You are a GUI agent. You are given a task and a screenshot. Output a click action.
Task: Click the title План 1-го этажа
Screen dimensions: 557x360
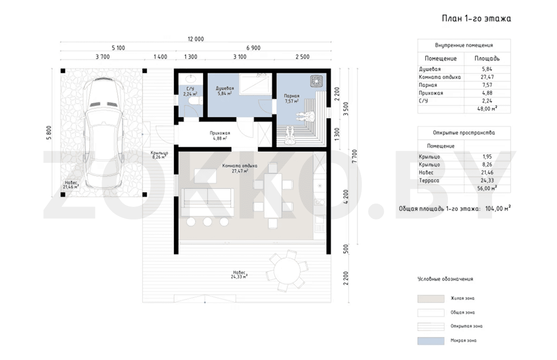click(476, 19)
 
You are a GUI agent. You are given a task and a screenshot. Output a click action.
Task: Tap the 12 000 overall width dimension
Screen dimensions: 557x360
click(196, 39)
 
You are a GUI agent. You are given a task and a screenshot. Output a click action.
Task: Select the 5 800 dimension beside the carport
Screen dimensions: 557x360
click(49, 133)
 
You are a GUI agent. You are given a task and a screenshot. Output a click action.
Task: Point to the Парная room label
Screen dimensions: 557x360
click(291, 96)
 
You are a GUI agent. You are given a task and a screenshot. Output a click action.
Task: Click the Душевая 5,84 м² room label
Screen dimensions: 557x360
click(225, 90)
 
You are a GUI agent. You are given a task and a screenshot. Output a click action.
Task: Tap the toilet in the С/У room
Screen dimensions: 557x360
click(195, 101)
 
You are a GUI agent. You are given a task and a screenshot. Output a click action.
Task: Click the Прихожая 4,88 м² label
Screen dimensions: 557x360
click(220, 135)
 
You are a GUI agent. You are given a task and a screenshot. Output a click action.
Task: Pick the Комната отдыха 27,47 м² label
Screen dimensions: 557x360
click(240, 168)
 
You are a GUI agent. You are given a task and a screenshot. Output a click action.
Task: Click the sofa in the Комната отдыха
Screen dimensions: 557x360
click(207, 202)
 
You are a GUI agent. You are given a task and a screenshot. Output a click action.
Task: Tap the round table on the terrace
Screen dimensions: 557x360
click(287, 271)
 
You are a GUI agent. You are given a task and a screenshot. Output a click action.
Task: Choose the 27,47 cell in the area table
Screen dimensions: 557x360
click(487, 77)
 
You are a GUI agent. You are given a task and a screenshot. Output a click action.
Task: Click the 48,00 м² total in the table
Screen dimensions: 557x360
click(487, 109)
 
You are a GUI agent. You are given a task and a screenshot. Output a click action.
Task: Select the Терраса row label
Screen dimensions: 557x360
click(429, 180)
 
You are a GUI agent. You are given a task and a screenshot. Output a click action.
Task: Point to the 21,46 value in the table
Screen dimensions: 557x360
click(487, 173)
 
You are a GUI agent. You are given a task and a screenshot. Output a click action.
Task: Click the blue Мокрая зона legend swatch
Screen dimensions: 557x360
click(431, 341)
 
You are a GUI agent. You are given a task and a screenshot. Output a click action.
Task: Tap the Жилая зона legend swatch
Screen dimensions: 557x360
click(431, 299)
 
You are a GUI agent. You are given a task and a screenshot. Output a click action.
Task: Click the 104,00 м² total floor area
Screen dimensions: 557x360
click(498, 208)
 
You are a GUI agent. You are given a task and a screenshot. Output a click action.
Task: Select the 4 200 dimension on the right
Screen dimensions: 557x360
click(346, 197)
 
